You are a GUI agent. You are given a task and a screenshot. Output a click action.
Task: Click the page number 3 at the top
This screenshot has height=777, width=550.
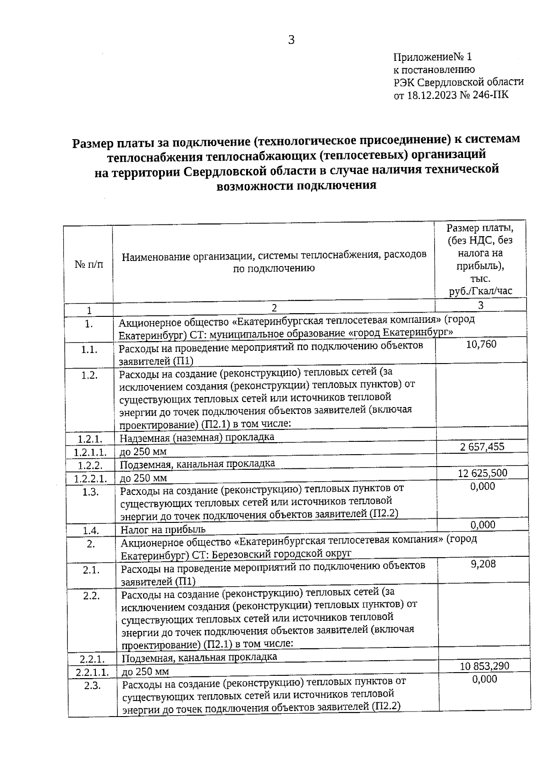click(x=291, y=40)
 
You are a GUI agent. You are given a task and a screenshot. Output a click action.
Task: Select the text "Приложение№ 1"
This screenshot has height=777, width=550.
click(x=432, y=57)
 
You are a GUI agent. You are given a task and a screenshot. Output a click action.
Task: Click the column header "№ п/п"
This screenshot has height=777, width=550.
click(x=88, y=265)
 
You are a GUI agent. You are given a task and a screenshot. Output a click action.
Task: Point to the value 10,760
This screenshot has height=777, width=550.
click(x=481, y=344)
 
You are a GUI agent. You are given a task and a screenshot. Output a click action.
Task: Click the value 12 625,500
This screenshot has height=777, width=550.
click(x=482, y=473)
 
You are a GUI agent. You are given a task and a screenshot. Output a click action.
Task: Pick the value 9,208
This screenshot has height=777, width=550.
click(x=483, y=564)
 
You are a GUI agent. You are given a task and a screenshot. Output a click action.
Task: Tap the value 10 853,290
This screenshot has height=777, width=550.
click(x=484, y=666)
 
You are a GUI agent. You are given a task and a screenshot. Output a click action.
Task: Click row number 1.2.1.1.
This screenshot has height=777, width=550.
click(x=90, y=452)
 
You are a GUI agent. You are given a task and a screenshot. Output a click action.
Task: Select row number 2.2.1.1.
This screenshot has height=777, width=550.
click(x=92, y=672)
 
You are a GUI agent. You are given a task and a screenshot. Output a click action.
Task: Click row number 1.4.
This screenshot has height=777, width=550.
click(x=91, y=531)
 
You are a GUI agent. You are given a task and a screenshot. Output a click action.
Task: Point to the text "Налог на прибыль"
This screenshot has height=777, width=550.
click(x=163, y=530)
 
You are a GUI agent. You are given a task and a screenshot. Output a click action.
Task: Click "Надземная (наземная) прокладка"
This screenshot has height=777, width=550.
click(x=197, y=438)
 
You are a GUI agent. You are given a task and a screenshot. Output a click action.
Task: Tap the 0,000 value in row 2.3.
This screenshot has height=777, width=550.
click(x=484, y=679)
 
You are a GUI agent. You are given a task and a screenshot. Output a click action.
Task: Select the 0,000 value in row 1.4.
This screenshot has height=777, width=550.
click(x=483, y=525)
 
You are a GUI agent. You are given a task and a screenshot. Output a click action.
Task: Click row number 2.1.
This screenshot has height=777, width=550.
click(x=91, y=570)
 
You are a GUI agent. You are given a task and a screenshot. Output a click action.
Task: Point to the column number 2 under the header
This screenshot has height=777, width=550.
click(x=274, y=308)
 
